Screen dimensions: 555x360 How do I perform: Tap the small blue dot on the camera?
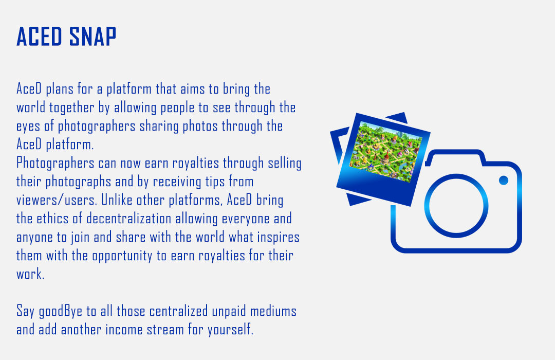[x=503, y=181]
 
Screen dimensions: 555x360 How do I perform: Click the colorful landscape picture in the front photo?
[x=386, y=151]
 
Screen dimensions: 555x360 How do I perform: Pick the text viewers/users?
[x=57, y=200]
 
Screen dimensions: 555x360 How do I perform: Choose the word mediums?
[x=273, y=311]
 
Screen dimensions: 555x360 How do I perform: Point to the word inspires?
[x=278, y=238]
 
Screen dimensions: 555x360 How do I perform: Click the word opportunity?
[x=122, y=256]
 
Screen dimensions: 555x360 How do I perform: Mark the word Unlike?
[x=115, y=200]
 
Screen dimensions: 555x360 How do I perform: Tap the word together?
[x=72, y=107]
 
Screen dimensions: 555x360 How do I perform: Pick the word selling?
[x=285, y=164]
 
